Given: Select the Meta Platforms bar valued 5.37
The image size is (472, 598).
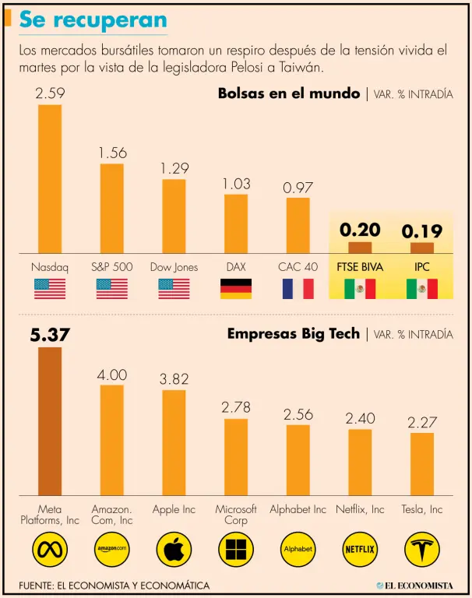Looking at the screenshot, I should (x=50, y=420).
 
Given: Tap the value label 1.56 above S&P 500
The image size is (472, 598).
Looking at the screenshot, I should (x=112, y=153).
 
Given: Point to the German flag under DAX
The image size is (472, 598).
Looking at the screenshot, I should (x=236, y=289).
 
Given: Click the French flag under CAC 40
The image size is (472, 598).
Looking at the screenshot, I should (x=298, y=289).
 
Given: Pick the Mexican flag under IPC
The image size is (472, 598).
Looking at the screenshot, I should (x=421, y=289).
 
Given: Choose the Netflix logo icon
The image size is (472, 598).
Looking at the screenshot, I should (x=360, y=549).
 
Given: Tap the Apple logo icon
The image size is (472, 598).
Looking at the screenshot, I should (x=174, y=549).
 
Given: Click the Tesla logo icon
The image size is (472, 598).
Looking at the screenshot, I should (x=422, y=549).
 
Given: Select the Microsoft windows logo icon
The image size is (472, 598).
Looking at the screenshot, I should (x=236, y=549).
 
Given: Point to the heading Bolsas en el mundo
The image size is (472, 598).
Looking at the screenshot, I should (x=288, y=94).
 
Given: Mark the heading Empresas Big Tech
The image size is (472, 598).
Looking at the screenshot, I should (x=293, y=334).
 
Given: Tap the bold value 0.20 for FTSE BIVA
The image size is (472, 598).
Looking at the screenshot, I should (x=360, y=230).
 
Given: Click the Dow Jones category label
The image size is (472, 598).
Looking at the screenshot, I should (x=174, y=267).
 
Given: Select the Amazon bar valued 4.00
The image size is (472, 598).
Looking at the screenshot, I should (x=112, y=439).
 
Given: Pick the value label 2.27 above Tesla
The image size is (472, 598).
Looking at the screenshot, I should (x=422, y=422).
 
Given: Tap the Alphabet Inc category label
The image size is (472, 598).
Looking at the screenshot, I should (x=298, y=509).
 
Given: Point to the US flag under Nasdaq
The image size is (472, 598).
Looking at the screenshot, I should (x=50, y=289).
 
